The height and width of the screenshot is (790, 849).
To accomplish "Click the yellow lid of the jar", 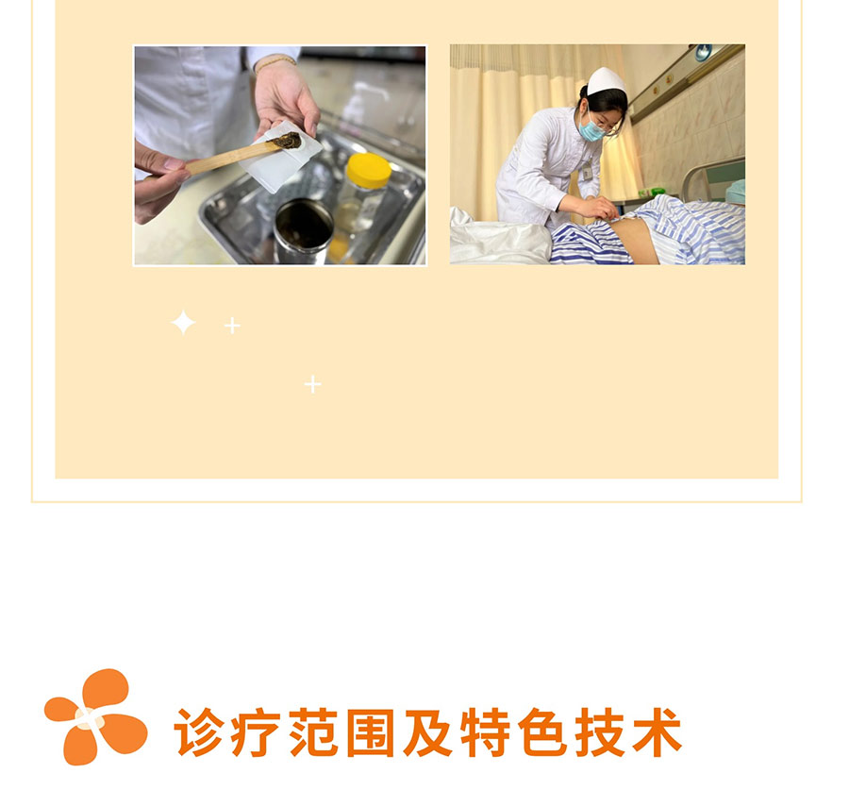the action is (368, 170).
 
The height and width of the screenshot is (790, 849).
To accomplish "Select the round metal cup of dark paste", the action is (303, 231).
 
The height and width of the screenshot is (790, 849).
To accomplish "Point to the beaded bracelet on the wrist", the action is (275, 62).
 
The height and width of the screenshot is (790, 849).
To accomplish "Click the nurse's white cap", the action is (607, 81).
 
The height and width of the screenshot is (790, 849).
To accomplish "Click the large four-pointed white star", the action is (183, 323).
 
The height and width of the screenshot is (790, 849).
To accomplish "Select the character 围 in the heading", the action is (371, 732).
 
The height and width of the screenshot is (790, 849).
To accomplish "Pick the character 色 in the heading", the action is (542, 732).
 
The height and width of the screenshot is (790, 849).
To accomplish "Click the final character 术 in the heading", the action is (657, 732).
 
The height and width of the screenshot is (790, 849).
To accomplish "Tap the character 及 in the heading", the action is (427, 732).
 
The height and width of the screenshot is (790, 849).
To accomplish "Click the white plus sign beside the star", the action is (232, 326).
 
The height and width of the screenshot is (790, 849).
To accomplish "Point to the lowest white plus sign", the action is (312, 384).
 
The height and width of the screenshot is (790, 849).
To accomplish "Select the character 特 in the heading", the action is (485, 732).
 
